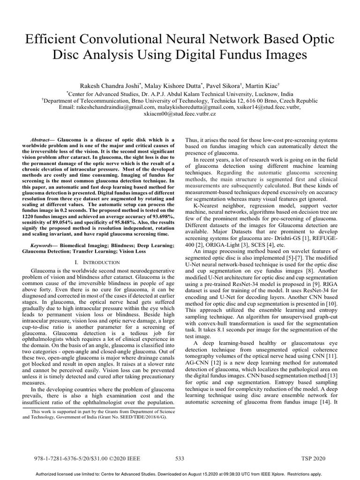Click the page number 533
180,458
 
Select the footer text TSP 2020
313,458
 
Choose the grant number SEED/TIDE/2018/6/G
139,416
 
